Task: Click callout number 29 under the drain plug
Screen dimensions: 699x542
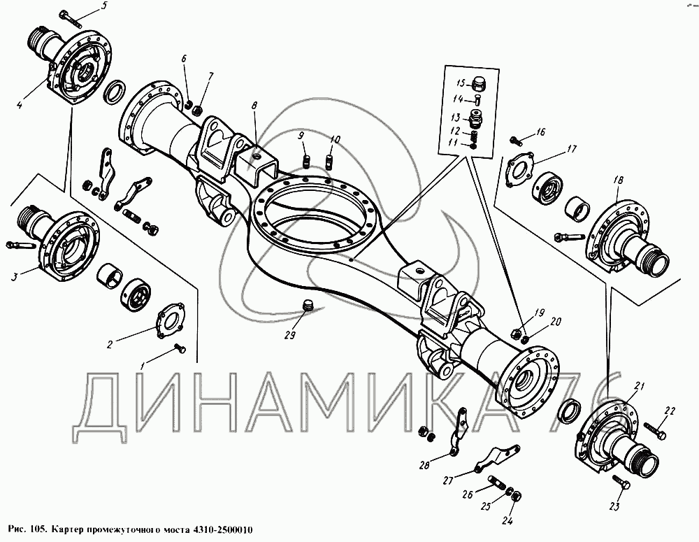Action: (x=290, y=335)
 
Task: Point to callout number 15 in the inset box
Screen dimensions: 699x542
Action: (x=461, y=83)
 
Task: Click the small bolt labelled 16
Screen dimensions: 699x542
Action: (x=517, y=141)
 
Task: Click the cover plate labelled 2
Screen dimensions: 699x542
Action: (x=171, y=319)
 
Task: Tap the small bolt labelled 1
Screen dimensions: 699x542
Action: (x=180, y=348)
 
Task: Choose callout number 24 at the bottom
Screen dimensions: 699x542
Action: (x=508, y=520)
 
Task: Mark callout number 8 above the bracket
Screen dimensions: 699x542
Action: (x=254, y=106)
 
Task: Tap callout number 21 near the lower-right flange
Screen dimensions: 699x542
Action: (x=640, y=387)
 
